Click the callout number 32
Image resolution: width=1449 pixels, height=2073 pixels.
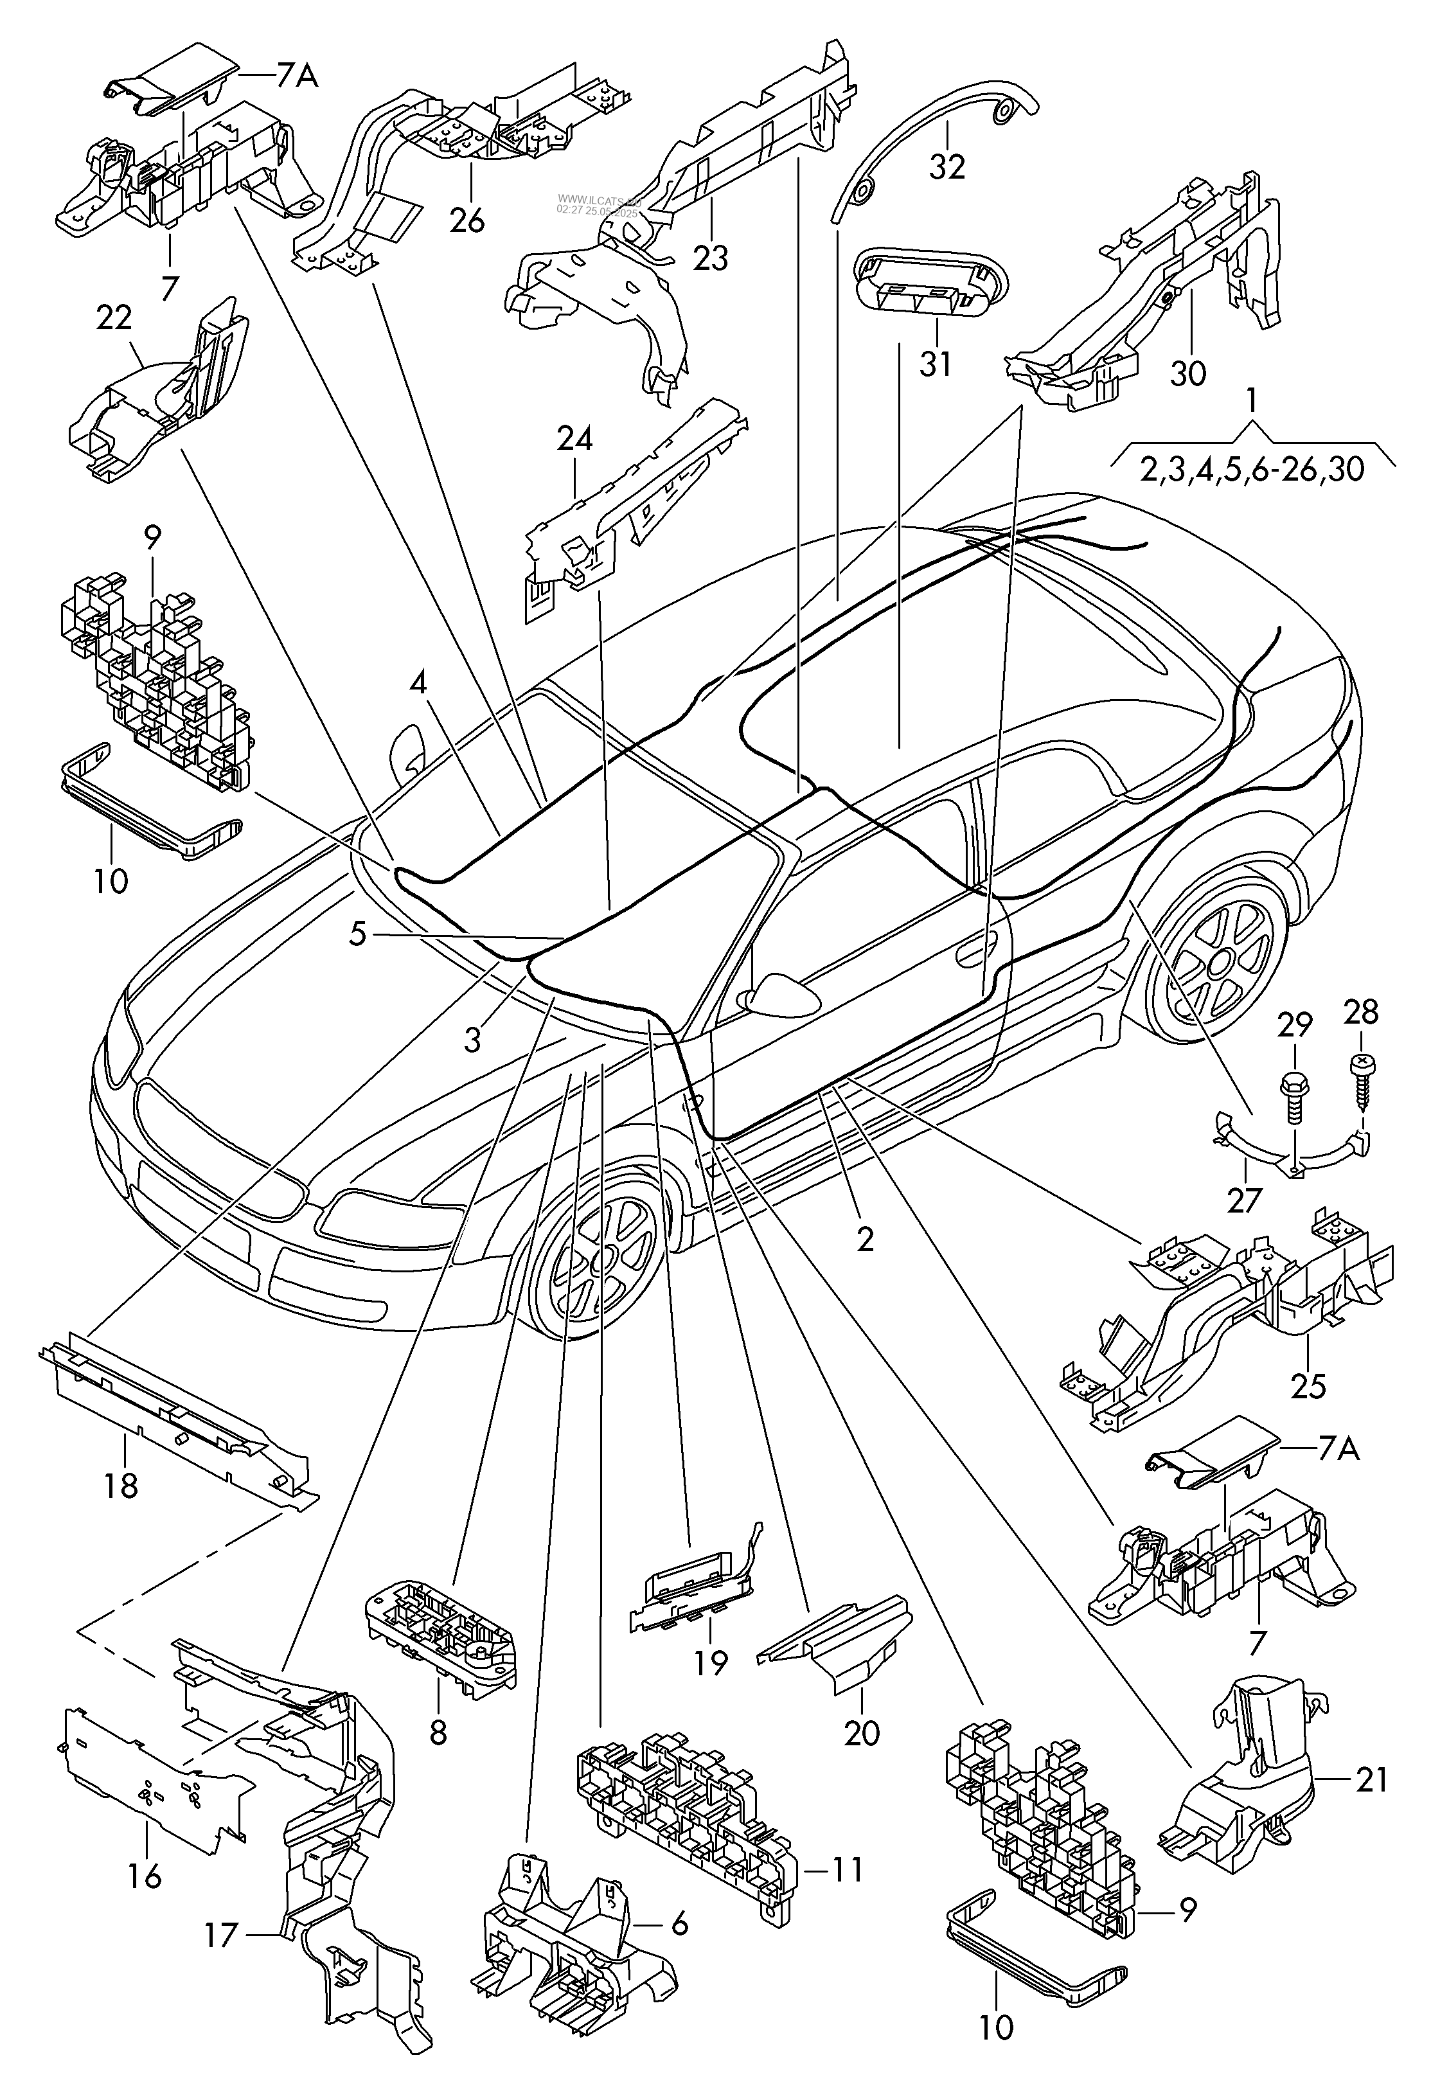[947, 166]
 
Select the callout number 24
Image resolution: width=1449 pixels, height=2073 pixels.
[574, 439]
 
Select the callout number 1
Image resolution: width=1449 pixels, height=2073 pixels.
[1251, 400]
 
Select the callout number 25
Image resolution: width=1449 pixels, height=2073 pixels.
[1308, 1386]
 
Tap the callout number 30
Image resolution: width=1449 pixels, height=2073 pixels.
[1188, 371]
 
